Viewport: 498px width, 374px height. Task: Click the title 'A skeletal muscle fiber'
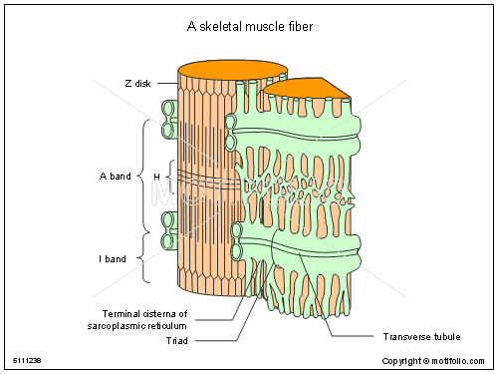248,27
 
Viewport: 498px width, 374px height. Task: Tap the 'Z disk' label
138,83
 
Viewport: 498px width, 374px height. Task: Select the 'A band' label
115,177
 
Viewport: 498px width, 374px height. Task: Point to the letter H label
156,177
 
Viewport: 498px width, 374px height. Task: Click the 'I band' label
112,258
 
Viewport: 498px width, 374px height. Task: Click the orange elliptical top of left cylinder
232,72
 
